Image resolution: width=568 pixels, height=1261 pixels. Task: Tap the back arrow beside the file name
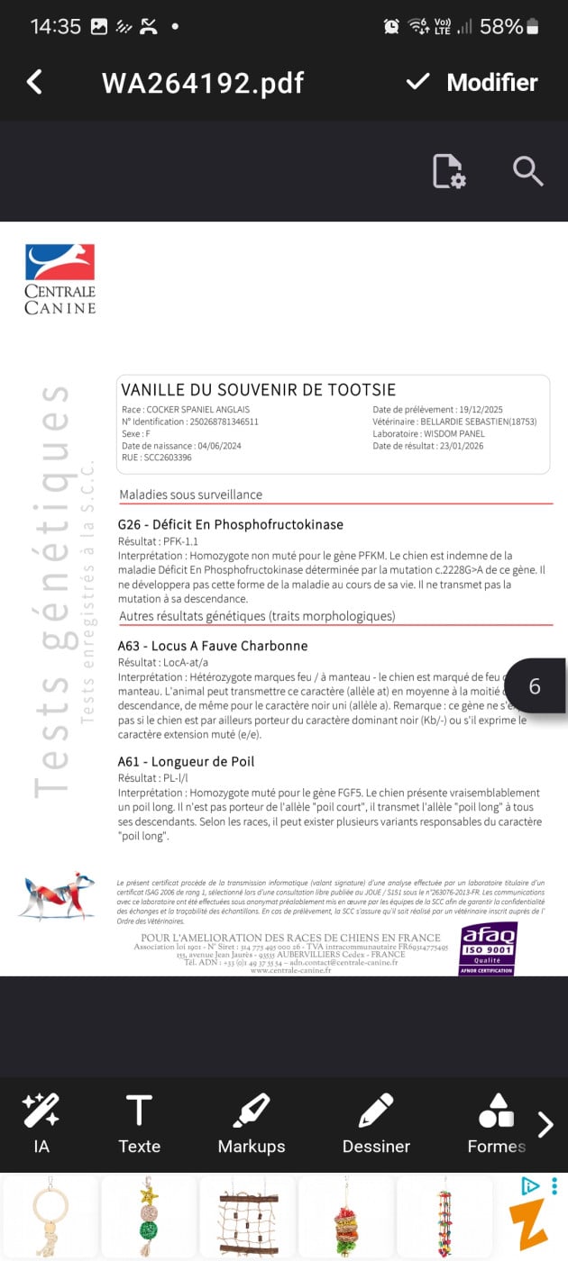pos(35,82)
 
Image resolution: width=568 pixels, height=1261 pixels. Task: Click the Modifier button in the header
pos(472,82)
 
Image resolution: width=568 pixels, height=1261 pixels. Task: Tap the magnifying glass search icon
pos(527,170)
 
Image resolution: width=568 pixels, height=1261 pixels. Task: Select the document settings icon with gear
pos(448,171)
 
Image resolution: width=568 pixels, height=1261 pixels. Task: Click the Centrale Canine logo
pos(60,278)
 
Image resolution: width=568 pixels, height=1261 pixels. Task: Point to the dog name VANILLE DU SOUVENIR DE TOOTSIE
pos(258,390)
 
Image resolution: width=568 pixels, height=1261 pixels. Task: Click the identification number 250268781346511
pos(215,421)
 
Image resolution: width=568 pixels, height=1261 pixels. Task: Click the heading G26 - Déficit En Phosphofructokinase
pos(231,524)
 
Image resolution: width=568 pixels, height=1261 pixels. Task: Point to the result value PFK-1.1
pos(180,541)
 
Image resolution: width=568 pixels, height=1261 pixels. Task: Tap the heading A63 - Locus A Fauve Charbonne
pos(213,646)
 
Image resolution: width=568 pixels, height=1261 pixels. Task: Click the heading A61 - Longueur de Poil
pos(187,761)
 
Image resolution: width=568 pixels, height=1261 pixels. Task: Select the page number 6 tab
pos(535,686)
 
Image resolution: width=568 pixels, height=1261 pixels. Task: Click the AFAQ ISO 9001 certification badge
pos(488,947)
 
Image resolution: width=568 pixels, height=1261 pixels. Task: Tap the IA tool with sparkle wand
pos(41,1121)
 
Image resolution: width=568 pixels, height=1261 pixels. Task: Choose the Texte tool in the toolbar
pos(139,1121)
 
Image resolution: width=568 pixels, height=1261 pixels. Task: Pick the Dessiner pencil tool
pos(376,1121)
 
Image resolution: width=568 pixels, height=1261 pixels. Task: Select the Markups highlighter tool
pos(252,1121)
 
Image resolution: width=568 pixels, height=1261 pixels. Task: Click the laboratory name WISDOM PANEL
pos(453,433)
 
